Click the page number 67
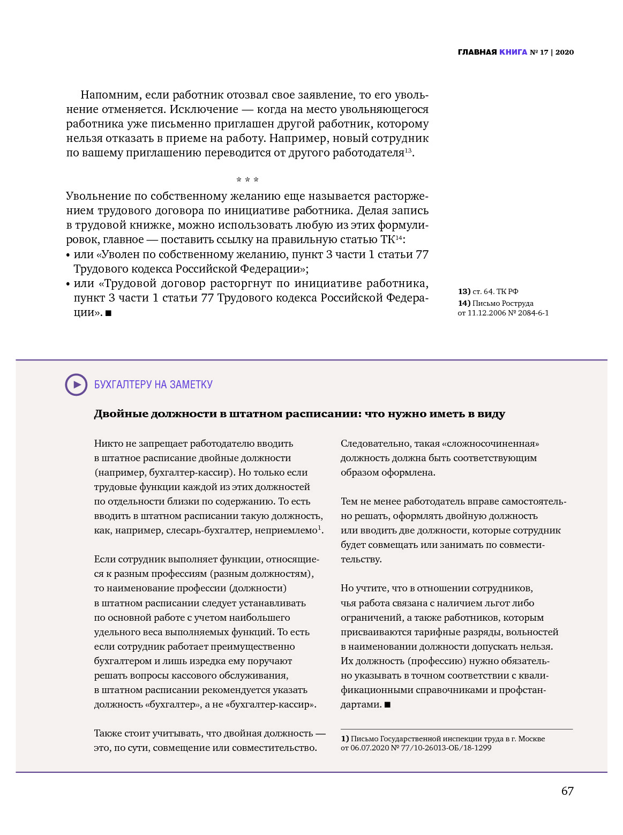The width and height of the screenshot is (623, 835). pos(567,791)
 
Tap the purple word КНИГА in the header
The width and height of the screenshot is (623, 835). pos(513,52)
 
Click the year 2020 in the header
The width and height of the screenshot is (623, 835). pos(565,52)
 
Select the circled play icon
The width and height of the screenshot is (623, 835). pos(76,385)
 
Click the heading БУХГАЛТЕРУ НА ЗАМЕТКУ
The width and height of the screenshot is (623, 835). pos(153,385)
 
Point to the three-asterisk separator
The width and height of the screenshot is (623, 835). pos(247,180)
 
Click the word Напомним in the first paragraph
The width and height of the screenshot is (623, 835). pos(110,95)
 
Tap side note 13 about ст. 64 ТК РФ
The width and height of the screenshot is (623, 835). pos(488,291)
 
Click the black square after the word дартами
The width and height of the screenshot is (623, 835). pos(388,705)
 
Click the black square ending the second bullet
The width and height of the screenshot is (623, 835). pos(109,313)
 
